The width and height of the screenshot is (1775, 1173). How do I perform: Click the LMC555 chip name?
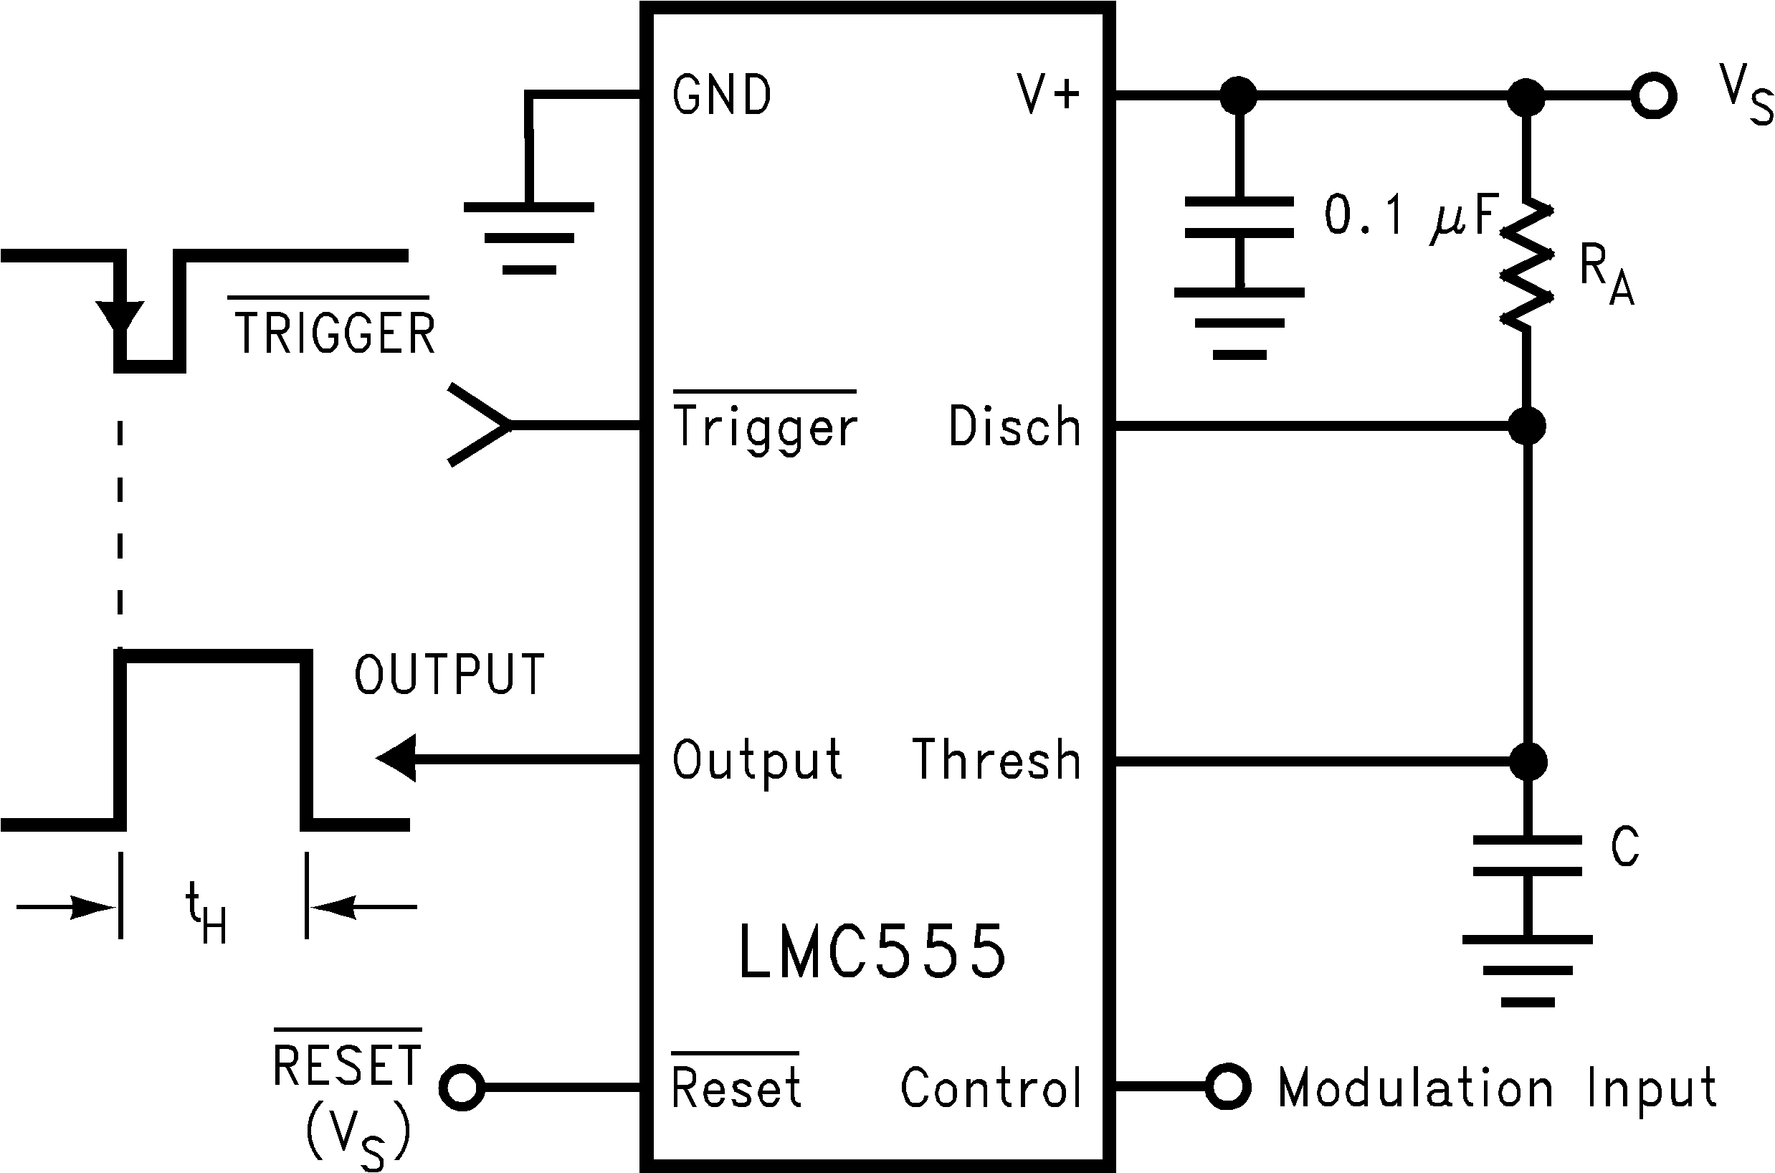point(872,951)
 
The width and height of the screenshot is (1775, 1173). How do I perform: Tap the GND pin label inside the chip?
point(722,96)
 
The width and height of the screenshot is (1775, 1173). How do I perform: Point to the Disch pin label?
point(1015,427)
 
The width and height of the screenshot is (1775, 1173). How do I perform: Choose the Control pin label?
point(991,1088)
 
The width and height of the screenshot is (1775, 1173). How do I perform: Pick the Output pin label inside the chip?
point(757,760)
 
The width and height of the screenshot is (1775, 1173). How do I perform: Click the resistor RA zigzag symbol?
point(1526,263)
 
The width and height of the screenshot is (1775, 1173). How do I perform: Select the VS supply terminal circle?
point(1653,96)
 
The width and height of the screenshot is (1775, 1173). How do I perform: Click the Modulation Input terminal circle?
point(1227,1087)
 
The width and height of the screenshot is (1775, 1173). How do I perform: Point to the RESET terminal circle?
point(462,1088)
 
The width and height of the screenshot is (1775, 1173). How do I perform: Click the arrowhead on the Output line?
point(396,759)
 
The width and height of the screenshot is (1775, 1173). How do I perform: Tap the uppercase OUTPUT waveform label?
point(449,675)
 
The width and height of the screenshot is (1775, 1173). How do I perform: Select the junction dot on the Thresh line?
point(1528,762)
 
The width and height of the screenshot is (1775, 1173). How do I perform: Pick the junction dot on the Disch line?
point(1527,427)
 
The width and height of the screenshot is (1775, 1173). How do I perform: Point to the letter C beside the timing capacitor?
point(1624,847)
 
